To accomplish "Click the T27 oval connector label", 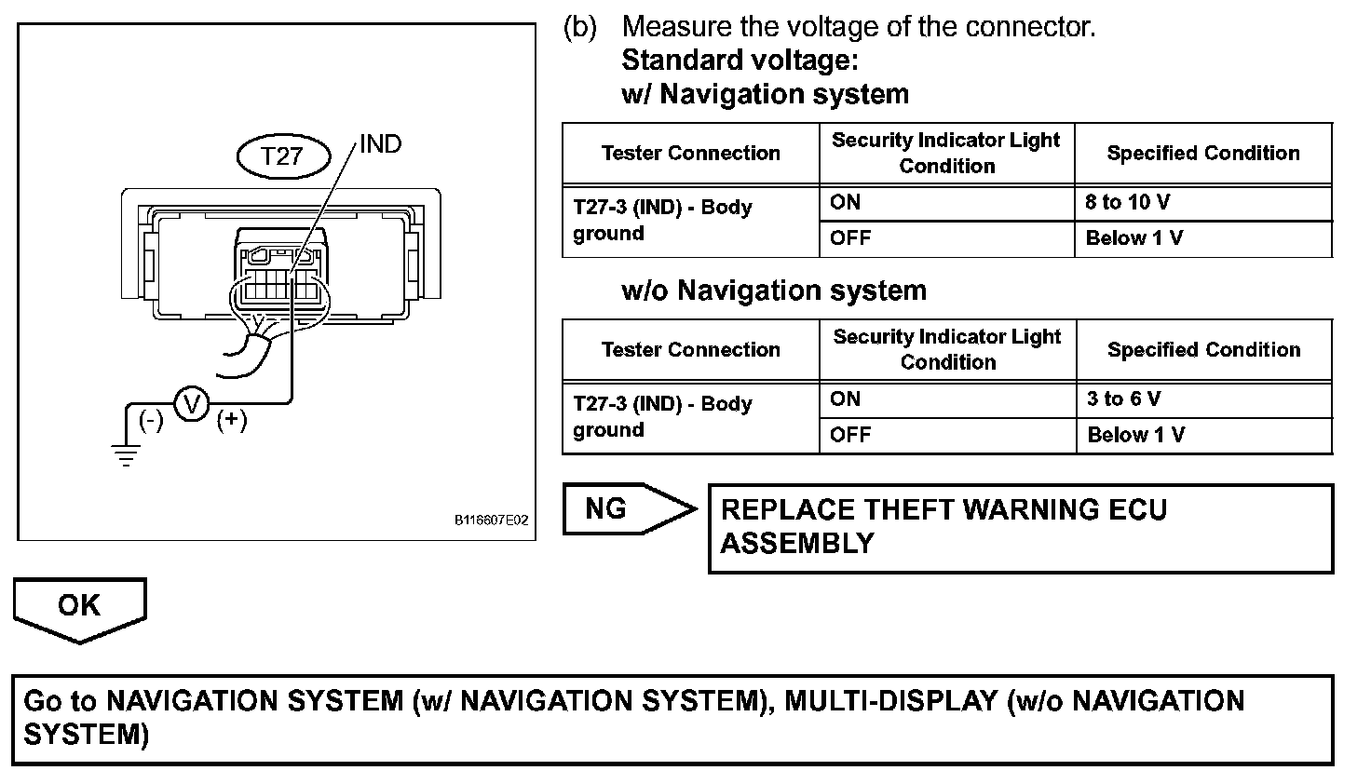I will pos(282,155).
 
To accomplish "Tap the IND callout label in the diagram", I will pos(380,144).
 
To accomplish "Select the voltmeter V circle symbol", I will pos(192,404).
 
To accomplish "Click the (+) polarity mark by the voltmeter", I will pos(232,420).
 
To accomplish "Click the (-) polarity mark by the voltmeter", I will pos(151,420).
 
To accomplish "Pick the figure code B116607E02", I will pos(491,520).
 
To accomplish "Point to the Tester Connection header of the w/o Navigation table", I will pos(690,349).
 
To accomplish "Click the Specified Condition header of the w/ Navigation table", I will pos(1202,153).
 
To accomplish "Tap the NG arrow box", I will pos(627,509).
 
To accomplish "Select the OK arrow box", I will pos(79,607).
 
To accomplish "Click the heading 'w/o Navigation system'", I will pos(773,291).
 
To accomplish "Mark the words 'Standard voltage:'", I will pos(739,61).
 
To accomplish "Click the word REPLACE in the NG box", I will pos(787,510).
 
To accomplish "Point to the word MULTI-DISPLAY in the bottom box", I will pos(891,700).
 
